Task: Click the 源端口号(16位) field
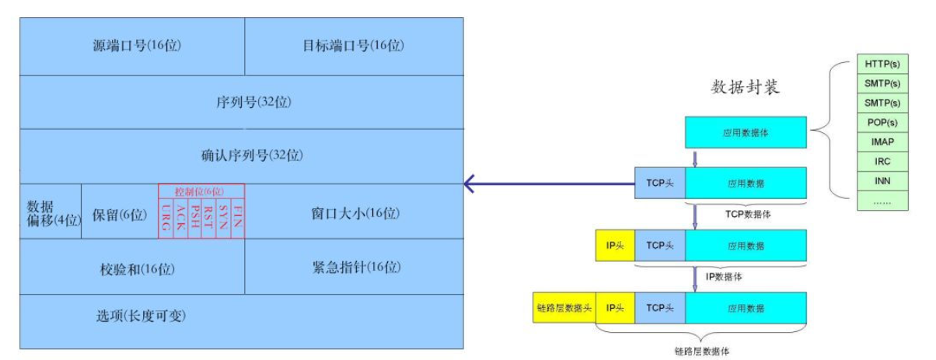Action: pos(136,46)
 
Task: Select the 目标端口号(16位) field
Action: pos(354,46)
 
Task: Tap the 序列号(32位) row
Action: pos(243,102)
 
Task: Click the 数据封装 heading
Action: pos(745,87)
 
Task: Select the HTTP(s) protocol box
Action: pos(882,63)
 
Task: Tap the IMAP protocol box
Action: pos(882,142)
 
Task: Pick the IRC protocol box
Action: pos(882,162)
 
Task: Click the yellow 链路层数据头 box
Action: pos(564,308)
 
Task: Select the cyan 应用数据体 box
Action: pos(746,132)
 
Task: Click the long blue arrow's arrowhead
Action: pos(469,184)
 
